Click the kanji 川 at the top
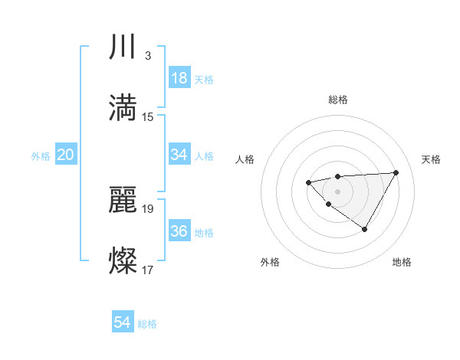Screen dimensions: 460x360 (123, 47)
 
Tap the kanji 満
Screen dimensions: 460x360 (123, 108)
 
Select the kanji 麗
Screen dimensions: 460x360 (123, 200)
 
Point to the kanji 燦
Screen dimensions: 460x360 (123, 260)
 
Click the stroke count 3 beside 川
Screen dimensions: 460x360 (147, 56)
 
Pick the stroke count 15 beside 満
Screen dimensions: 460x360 (148, 116)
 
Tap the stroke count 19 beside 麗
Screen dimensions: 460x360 (148, 208)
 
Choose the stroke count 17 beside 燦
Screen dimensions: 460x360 (148, 269)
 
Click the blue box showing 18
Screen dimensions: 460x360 (179, 78)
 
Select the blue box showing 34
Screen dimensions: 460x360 (179, 155)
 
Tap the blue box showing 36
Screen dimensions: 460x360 (179, 231)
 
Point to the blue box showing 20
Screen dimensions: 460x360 (66, 155)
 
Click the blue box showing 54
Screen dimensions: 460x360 (123, 323)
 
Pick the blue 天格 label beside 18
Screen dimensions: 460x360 (204, 80)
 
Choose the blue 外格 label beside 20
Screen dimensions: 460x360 (41, 156)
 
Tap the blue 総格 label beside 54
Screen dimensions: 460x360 (147, 325)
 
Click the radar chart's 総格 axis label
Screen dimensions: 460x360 (337, 100)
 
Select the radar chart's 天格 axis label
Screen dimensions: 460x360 (432, 159)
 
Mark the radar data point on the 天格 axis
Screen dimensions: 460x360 (396, 172)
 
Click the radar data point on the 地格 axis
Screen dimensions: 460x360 (365, 229)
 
